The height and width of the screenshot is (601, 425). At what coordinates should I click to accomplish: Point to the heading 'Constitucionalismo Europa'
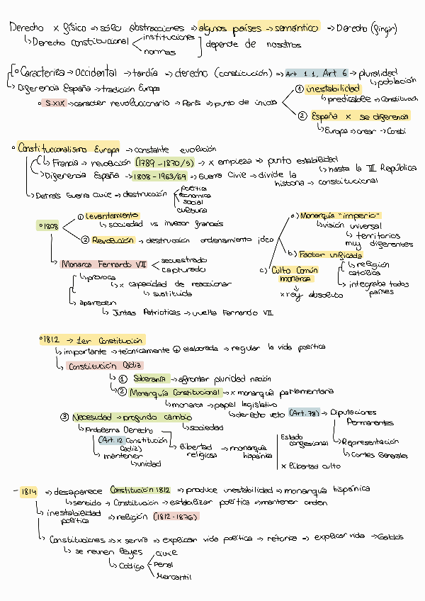click(x=69, y=149)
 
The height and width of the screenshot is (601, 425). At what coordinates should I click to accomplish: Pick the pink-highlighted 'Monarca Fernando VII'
click(x=103, y=264)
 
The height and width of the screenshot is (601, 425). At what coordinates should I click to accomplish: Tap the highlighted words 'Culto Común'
click(x=295, y=270)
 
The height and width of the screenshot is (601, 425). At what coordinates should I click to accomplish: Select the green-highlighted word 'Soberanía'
click(x=149, y=378)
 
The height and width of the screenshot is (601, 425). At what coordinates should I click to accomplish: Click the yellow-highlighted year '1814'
click(x=28, y=490)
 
